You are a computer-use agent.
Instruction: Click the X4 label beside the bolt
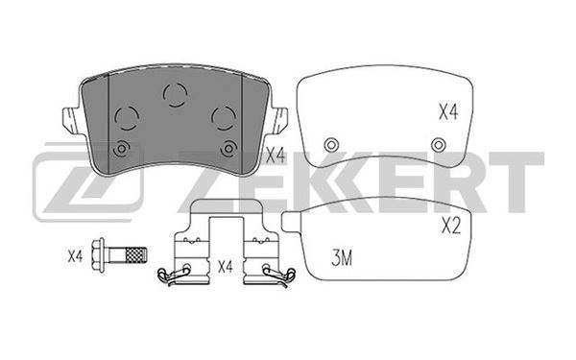click(x=75, y=256)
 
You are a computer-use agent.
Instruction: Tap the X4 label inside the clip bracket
click(x=226, y=266)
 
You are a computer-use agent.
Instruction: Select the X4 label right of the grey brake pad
click(x=276, y=156)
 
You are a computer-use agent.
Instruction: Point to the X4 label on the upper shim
click(x=448, y=111)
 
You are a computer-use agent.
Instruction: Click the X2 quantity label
click(x=451, y=226)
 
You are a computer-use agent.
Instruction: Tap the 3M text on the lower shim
click(x=342, y=258)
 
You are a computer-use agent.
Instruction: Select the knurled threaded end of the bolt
click(x=136, y=255)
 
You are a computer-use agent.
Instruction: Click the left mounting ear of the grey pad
click(x=71, y=119)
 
